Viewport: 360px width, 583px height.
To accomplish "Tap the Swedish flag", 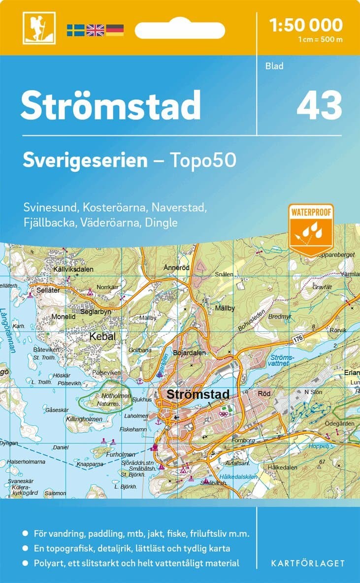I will coord(76,30).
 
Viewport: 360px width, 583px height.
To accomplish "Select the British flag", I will coord(95,30).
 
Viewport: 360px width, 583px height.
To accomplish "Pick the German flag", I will coord(115,30).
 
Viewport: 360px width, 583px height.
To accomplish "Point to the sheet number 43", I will coord(319,106).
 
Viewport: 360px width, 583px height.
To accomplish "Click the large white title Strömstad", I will coord(111,105).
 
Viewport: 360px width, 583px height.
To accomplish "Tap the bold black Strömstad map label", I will coord(198,394).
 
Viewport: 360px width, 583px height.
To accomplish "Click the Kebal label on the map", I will coord(102,337).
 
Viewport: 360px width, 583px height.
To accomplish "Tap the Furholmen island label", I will coord(120,454).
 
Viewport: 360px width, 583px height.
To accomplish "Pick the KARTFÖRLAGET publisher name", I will coord(308,563).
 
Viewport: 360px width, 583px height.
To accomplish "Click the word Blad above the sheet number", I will coord(275,66).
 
